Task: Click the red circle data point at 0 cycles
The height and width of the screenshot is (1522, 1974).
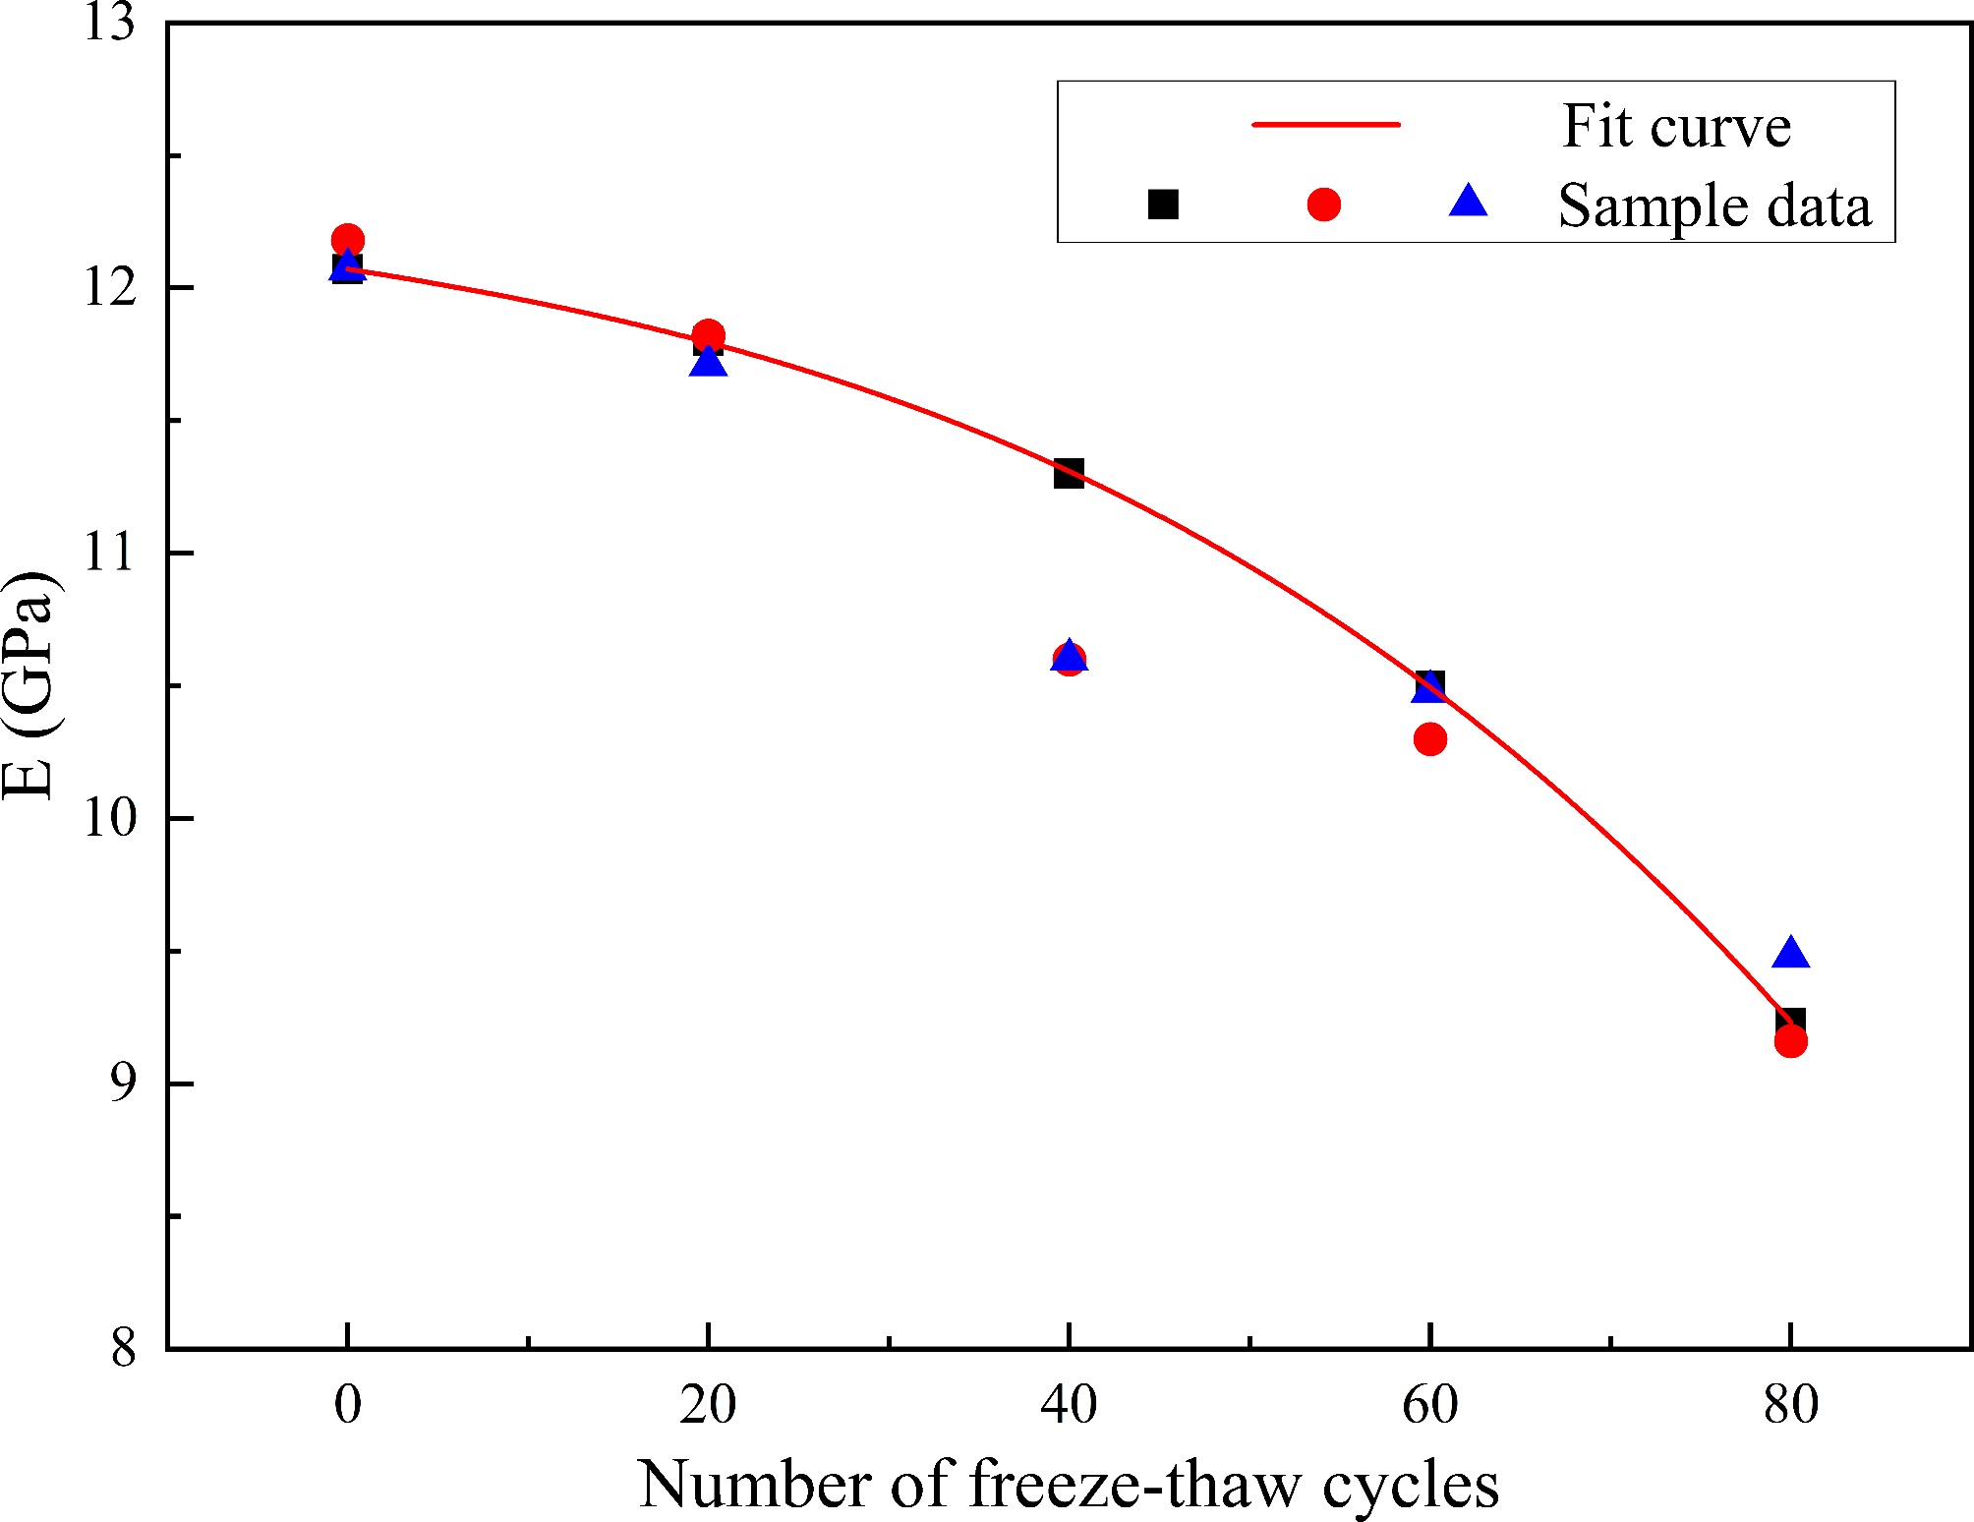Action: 347,240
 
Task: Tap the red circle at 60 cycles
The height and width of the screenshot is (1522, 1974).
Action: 1429,738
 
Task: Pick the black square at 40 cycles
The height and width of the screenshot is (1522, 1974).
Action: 1069,473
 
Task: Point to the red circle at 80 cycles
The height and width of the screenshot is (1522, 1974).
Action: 1790,1041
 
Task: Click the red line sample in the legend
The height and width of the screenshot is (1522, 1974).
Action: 1325,125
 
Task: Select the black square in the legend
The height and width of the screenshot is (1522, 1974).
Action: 1163,205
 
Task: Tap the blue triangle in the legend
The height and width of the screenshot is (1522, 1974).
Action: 1469,202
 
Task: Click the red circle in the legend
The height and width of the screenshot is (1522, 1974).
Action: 1323,205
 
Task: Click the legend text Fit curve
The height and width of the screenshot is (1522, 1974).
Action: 1676,127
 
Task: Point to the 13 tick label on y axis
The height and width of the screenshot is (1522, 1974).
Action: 108,22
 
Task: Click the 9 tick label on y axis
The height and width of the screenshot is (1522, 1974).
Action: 123,1083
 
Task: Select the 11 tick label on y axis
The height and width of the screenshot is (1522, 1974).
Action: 108,553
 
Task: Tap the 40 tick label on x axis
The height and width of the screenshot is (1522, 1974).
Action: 1069,1404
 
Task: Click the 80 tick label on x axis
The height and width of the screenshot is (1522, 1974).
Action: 1790,1404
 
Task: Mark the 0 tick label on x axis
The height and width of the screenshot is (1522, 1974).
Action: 347,1404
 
